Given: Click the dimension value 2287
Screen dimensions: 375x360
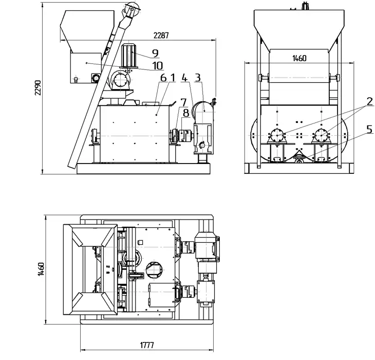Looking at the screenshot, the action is pos(161,35).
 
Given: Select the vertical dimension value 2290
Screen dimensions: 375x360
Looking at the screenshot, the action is pos(38,88).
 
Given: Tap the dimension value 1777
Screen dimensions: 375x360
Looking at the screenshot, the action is pos(147,345).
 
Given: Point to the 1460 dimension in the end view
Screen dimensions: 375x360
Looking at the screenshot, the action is pos(299,58).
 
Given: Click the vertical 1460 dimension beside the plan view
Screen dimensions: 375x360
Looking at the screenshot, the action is pos(41,269).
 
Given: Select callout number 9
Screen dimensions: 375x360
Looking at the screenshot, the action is pos(155,53).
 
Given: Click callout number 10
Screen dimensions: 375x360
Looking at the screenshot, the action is pos(158,66).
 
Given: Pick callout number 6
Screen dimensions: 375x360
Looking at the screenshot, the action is pos(163,78).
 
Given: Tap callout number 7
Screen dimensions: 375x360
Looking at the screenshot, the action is pos(183,103).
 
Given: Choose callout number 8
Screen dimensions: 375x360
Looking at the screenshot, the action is pos(186,113).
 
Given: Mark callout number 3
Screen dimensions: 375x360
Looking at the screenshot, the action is pos(198,78).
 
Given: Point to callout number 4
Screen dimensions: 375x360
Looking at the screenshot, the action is pos(184,78).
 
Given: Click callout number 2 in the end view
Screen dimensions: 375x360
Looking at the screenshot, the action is pos(369,101).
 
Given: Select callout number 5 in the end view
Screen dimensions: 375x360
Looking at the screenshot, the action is pos(369,130).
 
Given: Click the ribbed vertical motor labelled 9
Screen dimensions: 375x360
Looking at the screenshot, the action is pos(129,56).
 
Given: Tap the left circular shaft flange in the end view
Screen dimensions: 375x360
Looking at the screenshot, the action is pos(277,135).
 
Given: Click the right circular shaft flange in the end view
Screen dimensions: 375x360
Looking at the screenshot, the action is pos(321,135).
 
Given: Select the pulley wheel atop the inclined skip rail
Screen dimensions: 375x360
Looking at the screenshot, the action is pos(132,8).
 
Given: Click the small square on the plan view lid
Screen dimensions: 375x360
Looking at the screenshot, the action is pos(141,242).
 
